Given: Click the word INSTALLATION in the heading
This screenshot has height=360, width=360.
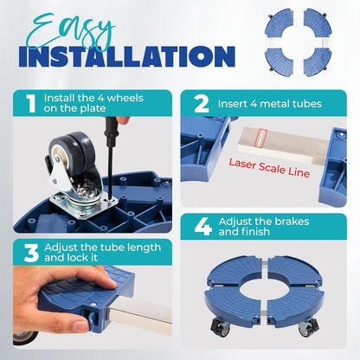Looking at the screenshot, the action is (x=127, y=56).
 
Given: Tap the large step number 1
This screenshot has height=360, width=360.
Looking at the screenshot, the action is (x=31, y=103).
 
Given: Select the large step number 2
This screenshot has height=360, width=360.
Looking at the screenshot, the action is (x=202, y=104).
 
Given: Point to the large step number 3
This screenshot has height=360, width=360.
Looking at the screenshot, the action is (x=31, y=253).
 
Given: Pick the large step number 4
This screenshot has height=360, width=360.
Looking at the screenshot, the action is (x=203, y=227).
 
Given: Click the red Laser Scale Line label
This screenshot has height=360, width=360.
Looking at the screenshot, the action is (x=269, y=168).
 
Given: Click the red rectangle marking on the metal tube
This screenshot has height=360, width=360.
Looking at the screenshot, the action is (x=261, y=138).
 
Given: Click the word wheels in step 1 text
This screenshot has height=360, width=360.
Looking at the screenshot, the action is (x=125, y=98).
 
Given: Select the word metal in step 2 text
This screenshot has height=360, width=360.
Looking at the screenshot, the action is (x=273, y=104).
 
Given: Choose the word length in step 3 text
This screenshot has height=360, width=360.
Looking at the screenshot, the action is (x=144, y=248).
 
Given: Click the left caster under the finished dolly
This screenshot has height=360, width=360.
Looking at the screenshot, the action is (x=221, y=326).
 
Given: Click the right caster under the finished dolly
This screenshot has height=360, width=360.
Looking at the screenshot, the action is (x=309, y=327).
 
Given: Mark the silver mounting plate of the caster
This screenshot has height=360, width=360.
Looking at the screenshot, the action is (x=85, y=204).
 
